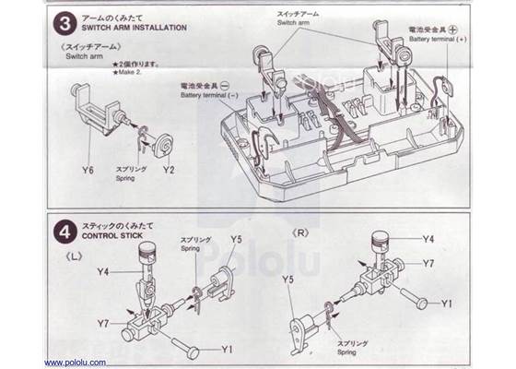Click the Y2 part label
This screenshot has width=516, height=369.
168,171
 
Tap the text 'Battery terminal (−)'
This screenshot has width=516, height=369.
211,95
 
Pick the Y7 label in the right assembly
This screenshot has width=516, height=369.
429,263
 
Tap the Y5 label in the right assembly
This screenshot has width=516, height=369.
287,278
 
